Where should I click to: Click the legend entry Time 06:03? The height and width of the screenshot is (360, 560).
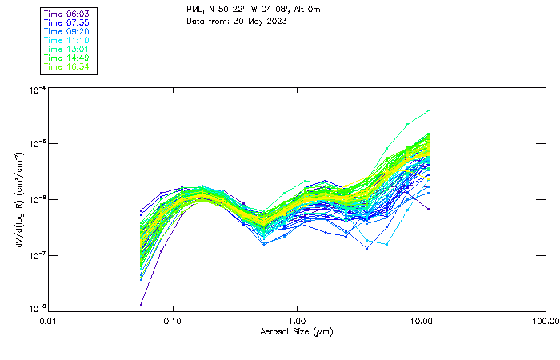[x=67, y=14]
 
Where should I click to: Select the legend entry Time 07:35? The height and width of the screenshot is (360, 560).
[x=67, y=22]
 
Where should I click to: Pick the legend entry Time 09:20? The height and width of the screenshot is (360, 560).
[x=67, y=31]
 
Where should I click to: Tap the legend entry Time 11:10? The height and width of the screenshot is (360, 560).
[x=67, y=40]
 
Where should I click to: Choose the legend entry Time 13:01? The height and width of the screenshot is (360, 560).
[x=67, y=49]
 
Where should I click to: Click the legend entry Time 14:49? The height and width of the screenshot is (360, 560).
[x=67, y=58]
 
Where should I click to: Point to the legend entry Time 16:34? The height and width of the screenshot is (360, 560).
[x=67, y=66]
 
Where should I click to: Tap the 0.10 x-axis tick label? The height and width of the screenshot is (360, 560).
[x=174, y=321]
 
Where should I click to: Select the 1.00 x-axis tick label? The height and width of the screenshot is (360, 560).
[x=298, y=321]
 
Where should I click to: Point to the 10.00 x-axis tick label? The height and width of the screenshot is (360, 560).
[x=422, y=321]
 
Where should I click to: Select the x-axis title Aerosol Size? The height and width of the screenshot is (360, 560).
[x=296, y=332]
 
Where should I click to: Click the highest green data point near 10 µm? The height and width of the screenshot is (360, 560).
[x=429, y=110]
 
